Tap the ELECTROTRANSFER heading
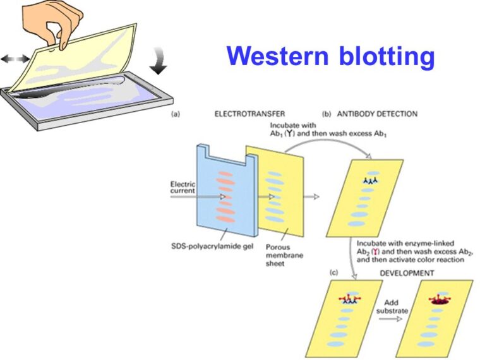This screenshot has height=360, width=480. point(243,114)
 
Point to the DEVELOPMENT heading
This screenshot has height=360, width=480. point(406,273)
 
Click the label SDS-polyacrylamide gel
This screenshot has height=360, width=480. point(212,245)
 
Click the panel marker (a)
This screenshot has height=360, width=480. point(177,115)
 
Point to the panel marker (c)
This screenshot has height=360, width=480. point(334,273)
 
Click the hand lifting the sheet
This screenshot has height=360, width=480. point(51,22)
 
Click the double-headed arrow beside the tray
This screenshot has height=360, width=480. point(15,59)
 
